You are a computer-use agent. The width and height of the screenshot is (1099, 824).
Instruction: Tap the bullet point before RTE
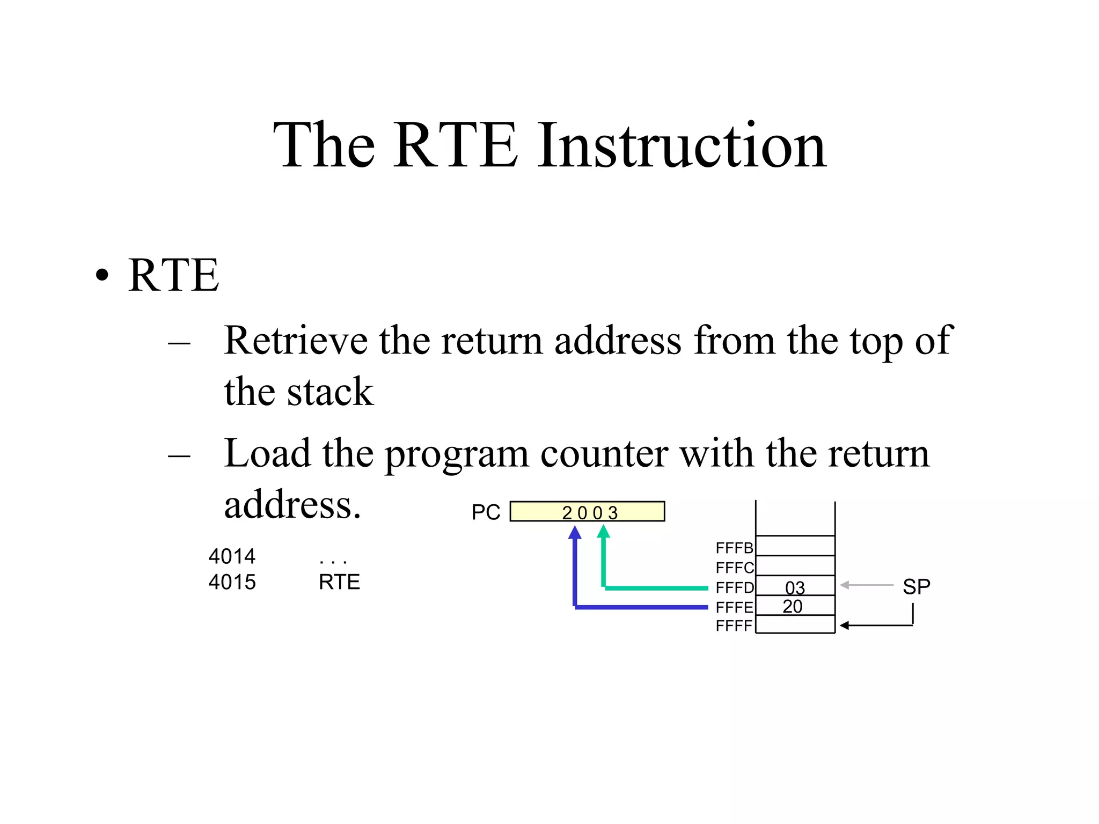[102, 276]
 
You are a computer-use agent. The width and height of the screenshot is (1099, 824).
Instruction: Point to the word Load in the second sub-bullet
[267, 453]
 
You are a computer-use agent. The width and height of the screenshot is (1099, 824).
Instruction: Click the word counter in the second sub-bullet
[604, 453]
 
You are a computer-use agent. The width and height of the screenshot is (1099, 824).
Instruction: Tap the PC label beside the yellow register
[486, 512]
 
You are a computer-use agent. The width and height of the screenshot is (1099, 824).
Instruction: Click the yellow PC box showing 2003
[587, 512]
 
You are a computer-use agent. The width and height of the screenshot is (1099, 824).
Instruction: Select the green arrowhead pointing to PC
[604, 532]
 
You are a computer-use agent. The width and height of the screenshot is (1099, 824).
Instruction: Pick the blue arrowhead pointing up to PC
[575, 532]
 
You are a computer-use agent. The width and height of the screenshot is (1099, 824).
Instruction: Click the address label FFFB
[734, 548]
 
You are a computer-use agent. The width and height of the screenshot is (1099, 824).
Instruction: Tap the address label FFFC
[734, 568]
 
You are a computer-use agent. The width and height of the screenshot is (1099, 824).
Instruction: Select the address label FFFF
[734, 626]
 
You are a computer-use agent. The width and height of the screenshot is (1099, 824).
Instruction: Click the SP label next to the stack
[916, 587]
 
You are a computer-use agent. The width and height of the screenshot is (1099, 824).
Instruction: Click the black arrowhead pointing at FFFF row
[845, 626]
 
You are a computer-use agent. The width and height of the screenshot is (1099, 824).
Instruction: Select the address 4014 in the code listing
[232, 556]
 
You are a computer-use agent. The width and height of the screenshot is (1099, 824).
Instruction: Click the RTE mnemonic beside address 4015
[339, 582]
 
